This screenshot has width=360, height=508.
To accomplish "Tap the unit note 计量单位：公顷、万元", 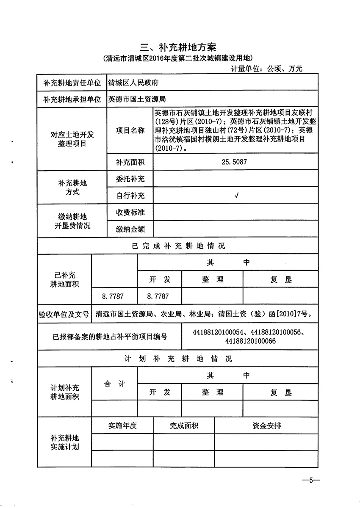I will point(266,68).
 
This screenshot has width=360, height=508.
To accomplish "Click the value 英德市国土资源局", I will point(136,99).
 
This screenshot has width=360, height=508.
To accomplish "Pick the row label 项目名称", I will point(130,130).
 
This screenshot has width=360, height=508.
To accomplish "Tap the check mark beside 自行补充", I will point(236,195).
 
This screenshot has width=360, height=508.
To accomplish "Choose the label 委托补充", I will point(130,179).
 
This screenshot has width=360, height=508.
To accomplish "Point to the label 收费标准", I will point(130,212).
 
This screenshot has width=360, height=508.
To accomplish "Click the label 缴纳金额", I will point(130,229).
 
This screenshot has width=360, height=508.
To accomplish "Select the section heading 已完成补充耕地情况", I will point(178,246).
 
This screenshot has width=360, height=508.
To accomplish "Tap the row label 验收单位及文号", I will point(64,315).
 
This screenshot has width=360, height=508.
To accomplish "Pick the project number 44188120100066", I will point(251,341).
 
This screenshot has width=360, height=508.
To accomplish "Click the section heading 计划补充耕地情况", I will point(178,359).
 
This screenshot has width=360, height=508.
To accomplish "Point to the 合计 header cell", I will point(114,384).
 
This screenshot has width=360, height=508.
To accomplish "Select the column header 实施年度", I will point(122,425).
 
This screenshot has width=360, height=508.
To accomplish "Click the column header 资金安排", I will point(266,425).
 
